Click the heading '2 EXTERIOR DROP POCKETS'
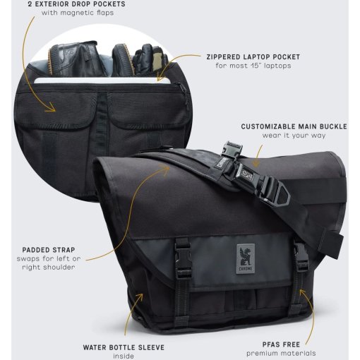coord(76,4)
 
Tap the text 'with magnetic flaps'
coord(78,13)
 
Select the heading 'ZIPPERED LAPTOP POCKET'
coord(253,57)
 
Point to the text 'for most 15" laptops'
coord(253,66)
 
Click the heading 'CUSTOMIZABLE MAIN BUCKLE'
coord(294,126)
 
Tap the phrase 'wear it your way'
coord(294,136)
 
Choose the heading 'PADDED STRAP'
coord(49,250)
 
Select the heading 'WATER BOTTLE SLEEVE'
coord(124,347)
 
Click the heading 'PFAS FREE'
coord(281,344)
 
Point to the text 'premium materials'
coord(281,353)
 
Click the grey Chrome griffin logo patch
coord(246,259)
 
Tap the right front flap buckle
coord(301,258)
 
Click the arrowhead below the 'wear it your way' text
coord(256,163)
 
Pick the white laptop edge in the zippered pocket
coord(102,80)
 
